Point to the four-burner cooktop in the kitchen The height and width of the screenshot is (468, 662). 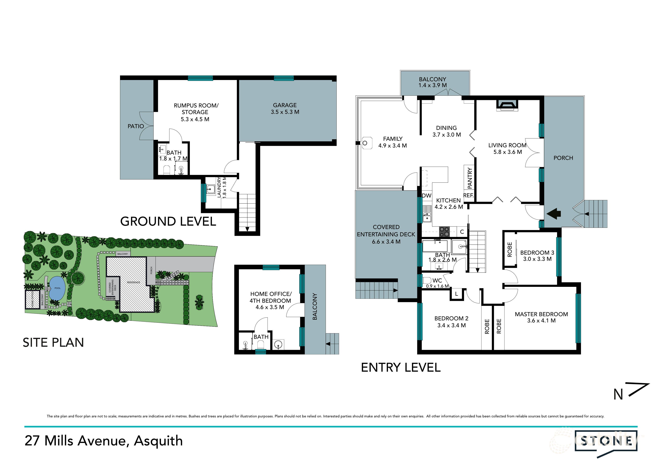(x=444, y=231)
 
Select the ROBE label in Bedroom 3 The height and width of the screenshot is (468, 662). (x=510, y=249)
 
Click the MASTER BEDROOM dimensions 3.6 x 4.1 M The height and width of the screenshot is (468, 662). (x=541, y=321)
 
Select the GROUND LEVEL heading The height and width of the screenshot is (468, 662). (x=168, y=222)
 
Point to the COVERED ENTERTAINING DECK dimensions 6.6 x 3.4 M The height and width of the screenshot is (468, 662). (x=386, y=242)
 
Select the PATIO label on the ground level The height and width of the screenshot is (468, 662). (x=136, y=126)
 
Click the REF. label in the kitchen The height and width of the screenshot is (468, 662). (x=469, y=196)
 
